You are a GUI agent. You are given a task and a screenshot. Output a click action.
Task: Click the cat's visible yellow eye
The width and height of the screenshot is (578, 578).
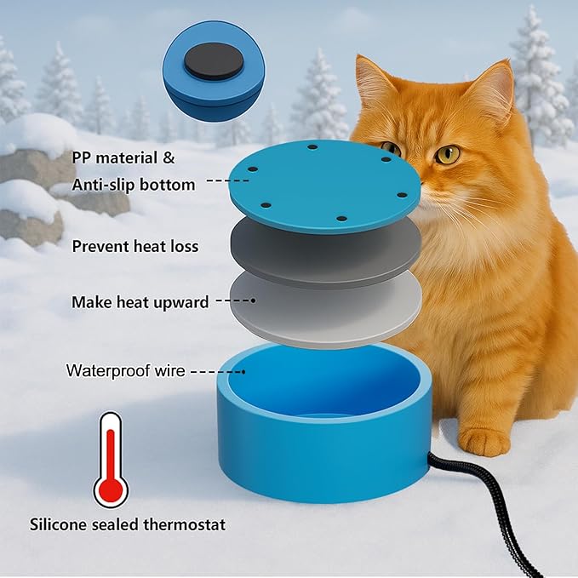pyautogui.click(x=447, y=154)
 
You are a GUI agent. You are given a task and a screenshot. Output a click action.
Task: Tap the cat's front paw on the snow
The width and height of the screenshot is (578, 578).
pyautogui.click(x=484, y=441)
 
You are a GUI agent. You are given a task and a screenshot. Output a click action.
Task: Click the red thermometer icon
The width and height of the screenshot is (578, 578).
pyautogui.click(x=110, y=460)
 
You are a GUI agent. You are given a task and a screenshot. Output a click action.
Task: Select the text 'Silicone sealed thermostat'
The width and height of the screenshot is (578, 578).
pyautogui.click(x=128, y=524)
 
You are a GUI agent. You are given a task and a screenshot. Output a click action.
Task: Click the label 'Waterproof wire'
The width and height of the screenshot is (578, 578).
pyautogui.click(x=124, y=371)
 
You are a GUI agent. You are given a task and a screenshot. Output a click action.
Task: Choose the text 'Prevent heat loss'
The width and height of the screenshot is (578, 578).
pyautogui.click(x=135, y=247)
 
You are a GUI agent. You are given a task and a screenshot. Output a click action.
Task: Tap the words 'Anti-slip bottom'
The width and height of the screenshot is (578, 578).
pyautogui.click(x=134, y=184)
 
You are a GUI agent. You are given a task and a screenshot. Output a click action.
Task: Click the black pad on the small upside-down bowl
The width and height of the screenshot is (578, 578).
pyautogui.click(x=212, y=61)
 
